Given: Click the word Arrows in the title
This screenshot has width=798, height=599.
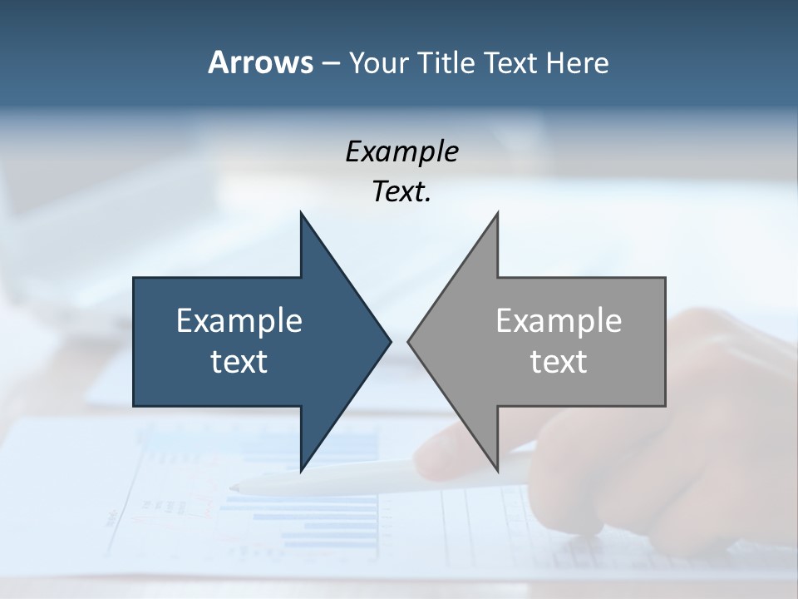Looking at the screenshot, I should tap(259, 63).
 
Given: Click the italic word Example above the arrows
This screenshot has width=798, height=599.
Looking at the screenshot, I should tap(402, 152).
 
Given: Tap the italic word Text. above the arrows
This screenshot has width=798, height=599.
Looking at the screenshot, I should tap(402, 192).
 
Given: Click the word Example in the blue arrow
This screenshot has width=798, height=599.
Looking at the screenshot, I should tap(239, 321).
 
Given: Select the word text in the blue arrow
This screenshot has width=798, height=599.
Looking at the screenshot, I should tap(239, 362).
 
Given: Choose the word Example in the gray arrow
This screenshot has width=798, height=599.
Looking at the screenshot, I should tap(559, 321).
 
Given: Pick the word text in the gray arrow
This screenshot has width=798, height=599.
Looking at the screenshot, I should tap(559, 362).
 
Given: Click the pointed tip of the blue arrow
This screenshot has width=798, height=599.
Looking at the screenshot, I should tap(391, 341).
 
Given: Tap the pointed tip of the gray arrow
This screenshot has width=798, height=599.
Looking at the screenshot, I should tap(408, 341).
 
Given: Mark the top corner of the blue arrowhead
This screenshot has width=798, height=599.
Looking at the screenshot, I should tap(301, 212).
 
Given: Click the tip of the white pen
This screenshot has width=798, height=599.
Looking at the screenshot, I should tap(234, 488).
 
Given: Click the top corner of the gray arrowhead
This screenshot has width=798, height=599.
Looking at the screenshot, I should tap(497, 212).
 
